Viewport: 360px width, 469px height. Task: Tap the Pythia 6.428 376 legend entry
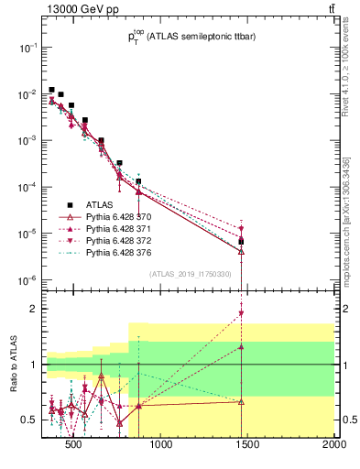pyautogui.click(x=113, y=249)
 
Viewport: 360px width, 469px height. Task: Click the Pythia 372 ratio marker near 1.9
pyautogui.click(x=241, y=314)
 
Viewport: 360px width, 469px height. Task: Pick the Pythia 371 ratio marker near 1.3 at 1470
pyautogui.click(x=241, y=347)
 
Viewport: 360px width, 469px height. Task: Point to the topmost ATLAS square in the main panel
pyautogui.click(x=51, y=90)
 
